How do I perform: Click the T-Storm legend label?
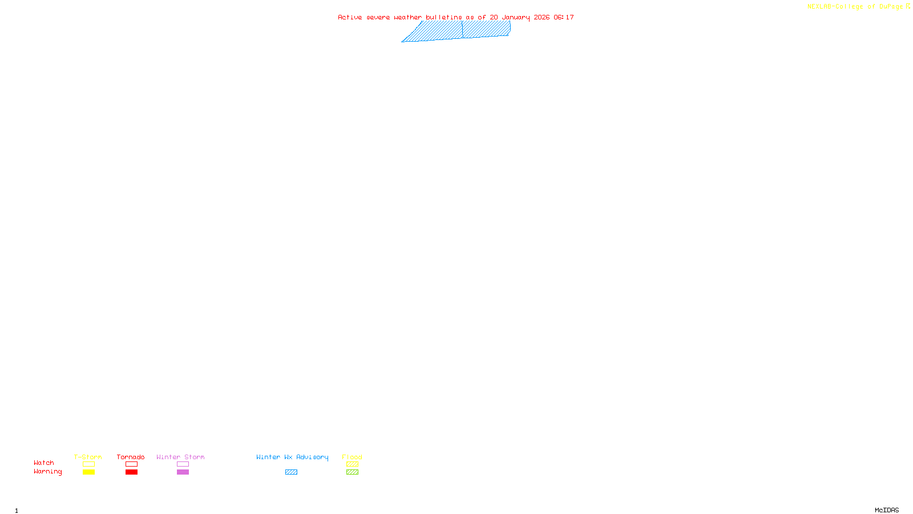(88, 457)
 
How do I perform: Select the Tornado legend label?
(131, 457)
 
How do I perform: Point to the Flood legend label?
(352, 457)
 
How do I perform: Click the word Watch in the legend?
(44, 463)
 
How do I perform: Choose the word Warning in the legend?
(47, 472)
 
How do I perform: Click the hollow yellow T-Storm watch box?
(88, 464)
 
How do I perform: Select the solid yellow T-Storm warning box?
(88, 472)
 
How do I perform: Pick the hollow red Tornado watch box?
(131, 464)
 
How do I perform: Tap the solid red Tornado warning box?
(131, 472)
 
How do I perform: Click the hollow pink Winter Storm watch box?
(183, 464)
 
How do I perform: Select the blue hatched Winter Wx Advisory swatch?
(291, 472)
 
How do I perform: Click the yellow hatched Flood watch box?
(352, 464)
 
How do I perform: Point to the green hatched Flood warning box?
(352, 472)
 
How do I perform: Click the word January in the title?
(516, 18)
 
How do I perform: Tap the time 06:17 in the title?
(564, 18)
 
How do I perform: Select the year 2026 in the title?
(542, 18)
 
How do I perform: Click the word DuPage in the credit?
(891, 7)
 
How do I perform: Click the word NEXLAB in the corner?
(819, 7)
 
